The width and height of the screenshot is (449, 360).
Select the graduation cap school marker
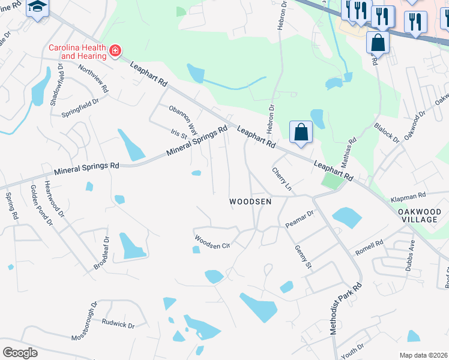[x=37, y=8]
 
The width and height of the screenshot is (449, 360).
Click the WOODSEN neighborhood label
[x=250, y=202]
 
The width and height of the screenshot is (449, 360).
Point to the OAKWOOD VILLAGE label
[x=418, y=216]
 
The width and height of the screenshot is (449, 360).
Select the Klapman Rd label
[x=408, y=196]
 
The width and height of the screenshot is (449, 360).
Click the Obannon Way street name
[x=183, y=119]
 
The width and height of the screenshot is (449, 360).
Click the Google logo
[x=20, y=353]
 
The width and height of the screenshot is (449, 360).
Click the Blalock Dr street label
[x=386, y=133]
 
